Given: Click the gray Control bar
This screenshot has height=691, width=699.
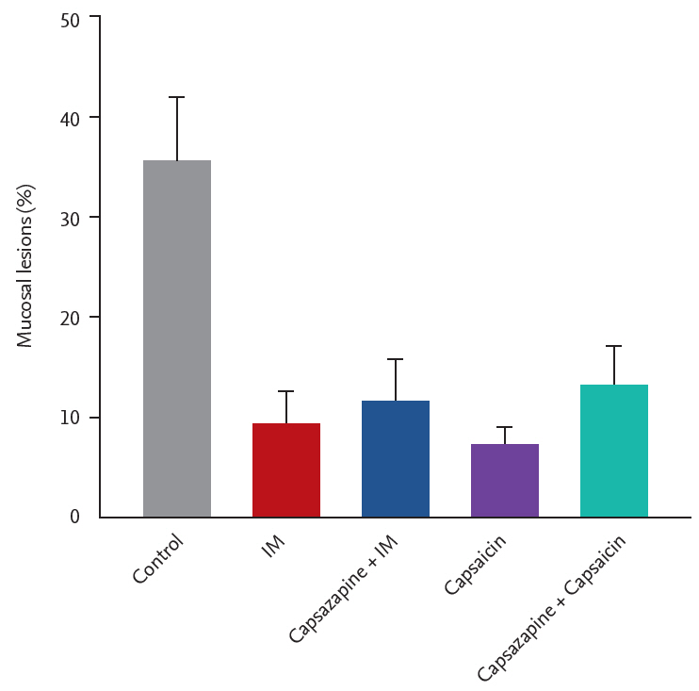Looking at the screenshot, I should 176,339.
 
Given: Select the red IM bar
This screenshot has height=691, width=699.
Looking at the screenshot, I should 285,470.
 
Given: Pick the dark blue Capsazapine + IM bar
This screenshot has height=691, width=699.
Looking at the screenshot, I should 395,459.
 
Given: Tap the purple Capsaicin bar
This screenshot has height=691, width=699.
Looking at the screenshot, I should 504,481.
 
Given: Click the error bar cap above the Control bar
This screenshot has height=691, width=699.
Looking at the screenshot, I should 176,97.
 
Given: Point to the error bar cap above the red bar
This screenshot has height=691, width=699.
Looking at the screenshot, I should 285,391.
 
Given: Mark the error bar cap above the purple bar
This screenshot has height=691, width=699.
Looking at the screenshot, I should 504,427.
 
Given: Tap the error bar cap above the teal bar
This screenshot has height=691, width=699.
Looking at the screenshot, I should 613,346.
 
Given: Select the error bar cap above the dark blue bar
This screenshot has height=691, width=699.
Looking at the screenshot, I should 395,359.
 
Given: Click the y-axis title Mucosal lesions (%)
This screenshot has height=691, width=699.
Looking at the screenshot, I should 25,265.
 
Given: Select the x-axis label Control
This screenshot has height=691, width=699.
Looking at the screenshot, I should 157,559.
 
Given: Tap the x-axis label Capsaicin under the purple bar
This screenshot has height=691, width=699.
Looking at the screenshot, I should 475,564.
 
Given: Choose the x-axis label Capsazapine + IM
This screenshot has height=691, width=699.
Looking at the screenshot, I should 344,588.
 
